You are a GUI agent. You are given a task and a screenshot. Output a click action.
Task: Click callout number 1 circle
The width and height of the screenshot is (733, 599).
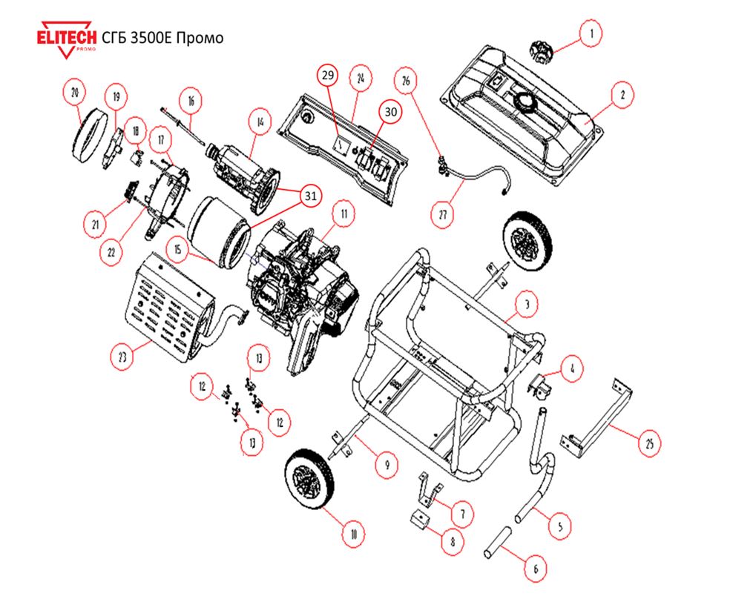(x=591, y=33)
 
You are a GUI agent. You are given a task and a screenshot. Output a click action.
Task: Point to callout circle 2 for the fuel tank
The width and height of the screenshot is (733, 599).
(x=622, y=95)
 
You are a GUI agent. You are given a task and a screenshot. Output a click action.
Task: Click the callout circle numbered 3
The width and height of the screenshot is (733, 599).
(x=525, y=304)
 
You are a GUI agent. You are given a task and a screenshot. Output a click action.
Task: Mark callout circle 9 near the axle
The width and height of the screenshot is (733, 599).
(x=385, y=465)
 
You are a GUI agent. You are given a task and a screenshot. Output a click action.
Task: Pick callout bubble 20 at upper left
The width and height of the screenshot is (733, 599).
(x=74, y=93)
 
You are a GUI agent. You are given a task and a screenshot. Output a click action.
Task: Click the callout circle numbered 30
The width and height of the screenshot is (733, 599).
(x=390, y=111)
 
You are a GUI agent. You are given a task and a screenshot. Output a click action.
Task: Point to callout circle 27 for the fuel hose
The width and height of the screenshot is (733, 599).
(x=442, y=214)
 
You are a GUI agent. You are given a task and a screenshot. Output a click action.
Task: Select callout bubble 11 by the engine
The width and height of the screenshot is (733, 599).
(x=344, y=215)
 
